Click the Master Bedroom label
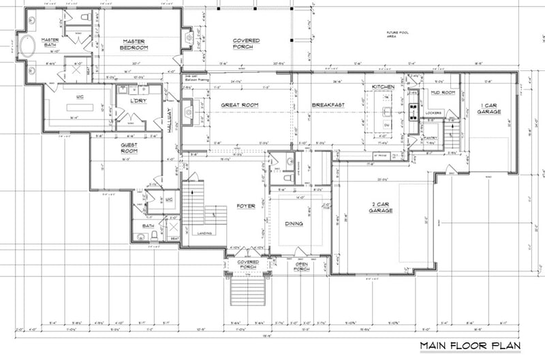point(135,44)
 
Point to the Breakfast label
point(326,105)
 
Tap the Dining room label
point(294,223)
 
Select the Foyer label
point(245,206)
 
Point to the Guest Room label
point(129,148)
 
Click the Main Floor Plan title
point(469,346)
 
